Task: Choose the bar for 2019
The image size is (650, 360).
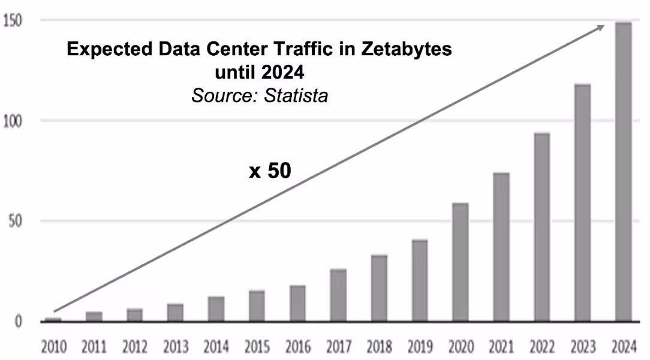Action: pos(420,280)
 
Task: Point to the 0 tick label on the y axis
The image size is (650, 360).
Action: pos(19,322)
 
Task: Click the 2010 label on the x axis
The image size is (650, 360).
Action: pos(53,346)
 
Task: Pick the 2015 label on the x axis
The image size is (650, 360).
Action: pos(257,346)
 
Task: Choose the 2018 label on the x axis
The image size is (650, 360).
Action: pos(379,346)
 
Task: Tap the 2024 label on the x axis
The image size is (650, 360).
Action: pos(624,346)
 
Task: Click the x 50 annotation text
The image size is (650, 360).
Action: pos(270,171)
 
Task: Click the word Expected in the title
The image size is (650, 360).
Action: pos(108,49)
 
